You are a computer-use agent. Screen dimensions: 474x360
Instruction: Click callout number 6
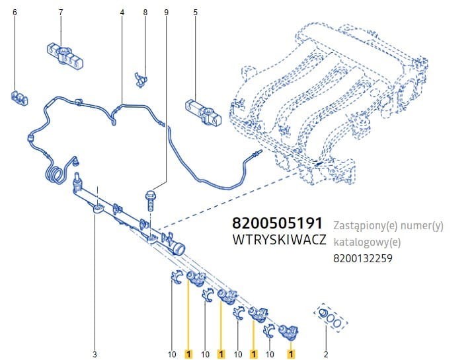pos(15,12)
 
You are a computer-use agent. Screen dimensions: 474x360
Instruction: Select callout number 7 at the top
pos(61,12)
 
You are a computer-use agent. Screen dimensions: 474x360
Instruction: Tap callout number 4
pos(122,12)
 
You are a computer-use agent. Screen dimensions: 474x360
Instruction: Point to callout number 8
pos(145,12)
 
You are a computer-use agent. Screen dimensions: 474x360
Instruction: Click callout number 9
pos(166,12)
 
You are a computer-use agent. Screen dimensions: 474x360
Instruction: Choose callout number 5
pos(195,12)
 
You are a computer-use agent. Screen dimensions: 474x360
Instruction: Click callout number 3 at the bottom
pos(95,354)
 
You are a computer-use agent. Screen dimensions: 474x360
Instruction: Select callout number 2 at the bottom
pos(326,354)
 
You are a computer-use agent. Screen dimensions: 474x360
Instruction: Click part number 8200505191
pos(277,223)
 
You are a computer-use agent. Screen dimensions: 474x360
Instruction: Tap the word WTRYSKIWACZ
pos(280,240)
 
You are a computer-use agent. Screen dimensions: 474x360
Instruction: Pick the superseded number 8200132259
pos(363,258)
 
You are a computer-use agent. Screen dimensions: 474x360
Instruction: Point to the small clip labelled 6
pos(19,98)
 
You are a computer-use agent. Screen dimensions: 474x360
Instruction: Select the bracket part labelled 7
pos(65,56)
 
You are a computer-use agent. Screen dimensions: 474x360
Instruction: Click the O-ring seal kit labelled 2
pos(330,316)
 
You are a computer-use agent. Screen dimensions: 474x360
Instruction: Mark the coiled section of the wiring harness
pos(54,174)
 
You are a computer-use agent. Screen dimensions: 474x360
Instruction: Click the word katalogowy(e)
pos(367,242)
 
